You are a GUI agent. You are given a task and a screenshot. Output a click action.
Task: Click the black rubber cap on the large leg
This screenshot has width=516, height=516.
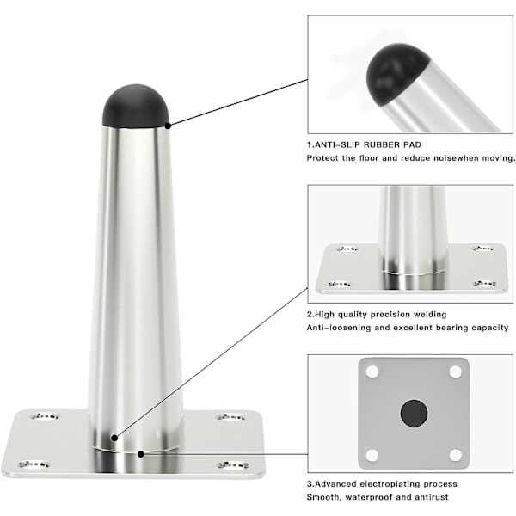(136, 106)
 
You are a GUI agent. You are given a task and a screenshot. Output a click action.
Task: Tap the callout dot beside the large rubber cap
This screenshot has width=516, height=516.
(168, 126)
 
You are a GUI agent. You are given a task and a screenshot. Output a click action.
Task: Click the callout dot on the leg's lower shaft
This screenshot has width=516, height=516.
(114, 438)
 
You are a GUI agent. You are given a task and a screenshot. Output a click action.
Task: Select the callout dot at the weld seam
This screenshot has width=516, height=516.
(141, 454)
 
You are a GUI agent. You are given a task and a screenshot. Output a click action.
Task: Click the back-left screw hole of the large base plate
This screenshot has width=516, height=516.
(45, 416)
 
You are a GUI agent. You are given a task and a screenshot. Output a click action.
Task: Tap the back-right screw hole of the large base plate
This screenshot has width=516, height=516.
(230, 417)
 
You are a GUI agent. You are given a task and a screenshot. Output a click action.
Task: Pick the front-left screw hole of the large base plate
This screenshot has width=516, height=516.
(34, 464)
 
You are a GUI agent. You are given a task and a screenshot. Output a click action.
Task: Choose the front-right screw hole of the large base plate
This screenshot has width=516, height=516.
(233, 464)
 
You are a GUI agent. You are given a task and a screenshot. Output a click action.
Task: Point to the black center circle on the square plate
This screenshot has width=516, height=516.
(414, 414)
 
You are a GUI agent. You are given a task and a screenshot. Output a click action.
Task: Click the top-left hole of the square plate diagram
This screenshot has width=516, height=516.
(372, 372)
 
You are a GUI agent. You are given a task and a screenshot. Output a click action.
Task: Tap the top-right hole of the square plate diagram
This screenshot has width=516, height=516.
(456, 372)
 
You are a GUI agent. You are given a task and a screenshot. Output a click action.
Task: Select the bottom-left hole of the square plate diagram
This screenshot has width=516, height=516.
(372, 455)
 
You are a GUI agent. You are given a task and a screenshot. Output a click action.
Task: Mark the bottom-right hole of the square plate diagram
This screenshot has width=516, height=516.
(456, 455)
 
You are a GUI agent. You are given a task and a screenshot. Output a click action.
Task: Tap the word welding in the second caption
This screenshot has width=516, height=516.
(430, 315)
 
